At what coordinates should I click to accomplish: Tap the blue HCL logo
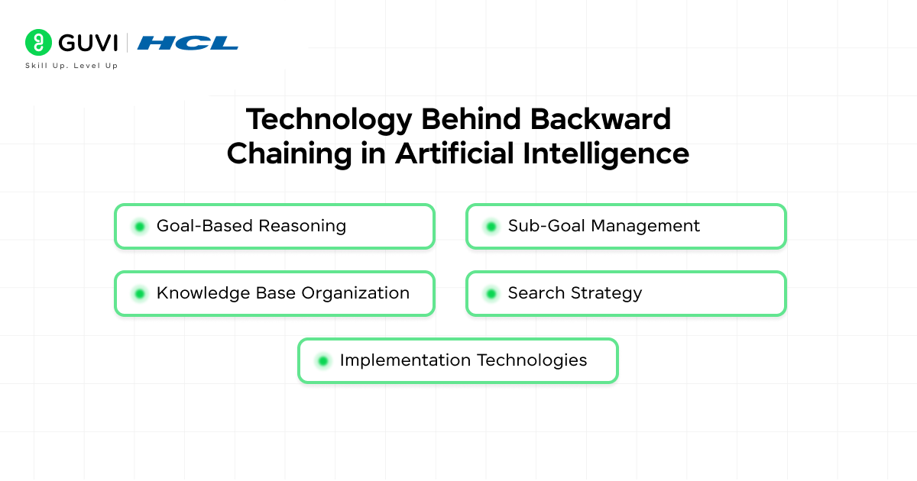[187, 43]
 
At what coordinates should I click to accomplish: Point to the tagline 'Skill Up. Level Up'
[72, 66]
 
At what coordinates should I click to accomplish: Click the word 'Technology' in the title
[328, 120]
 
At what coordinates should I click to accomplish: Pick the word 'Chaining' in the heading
[287, 153]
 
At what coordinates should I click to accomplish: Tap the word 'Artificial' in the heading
[454, 153]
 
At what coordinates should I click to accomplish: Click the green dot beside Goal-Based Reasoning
[139, 226]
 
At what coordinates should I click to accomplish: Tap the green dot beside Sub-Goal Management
[491, 226]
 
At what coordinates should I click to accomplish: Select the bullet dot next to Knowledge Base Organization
[139, 293]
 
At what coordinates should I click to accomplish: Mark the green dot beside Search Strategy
[491, 293]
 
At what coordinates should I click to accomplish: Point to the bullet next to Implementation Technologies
[322, 360]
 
